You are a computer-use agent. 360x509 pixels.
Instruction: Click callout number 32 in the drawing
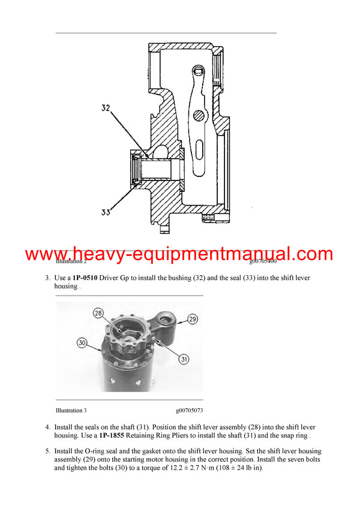pos(106,109)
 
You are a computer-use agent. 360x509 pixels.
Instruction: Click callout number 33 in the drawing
pos(106,212)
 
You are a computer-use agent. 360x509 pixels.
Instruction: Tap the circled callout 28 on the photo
pos(98,314)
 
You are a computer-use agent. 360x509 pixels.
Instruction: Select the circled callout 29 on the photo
pos(192,319)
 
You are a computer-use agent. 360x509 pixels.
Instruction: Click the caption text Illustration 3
pos(71,411)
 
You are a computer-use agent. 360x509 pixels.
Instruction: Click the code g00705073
pos(190,411)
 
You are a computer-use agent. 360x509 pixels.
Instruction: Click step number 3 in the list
pos(47,278)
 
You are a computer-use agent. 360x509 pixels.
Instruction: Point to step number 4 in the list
pos(47,427)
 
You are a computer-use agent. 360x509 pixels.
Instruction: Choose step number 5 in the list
pos(47,451)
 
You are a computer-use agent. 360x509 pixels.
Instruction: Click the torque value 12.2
pos(193,468)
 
